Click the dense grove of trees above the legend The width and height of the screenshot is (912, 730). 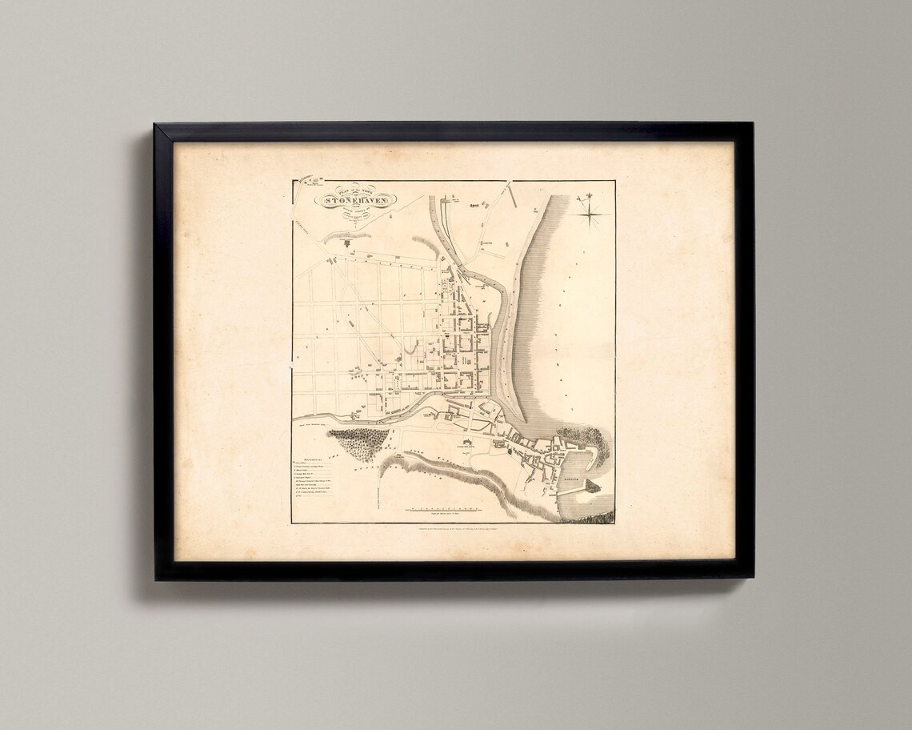pyautogui.click(x=359, y=442)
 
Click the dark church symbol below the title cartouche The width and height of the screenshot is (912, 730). pyautogui.click(x=346, y=240)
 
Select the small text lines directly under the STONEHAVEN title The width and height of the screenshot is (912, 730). pyautogui.click(x=350, y=216)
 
